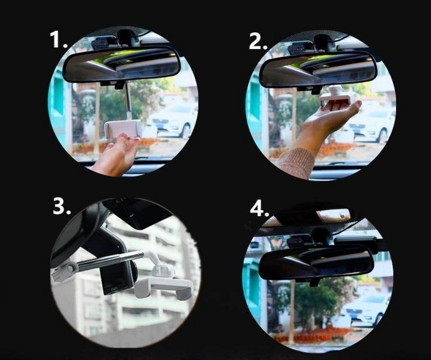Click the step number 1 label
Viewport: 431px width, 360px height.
coord(58,40)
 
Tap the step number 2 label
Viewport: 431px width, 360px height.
coord(258,41)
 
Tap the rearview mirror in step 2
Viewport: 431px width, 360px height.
coord(318,68)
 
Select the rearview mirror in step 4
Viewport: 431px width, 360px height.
coord(316,262)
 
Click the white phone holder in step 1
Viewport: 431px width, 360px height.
coord(123,129)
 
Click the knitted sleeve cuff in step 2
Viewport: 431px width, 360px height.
coord(296,162)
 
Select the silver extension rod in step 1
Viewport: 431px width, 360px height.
coord(127,102)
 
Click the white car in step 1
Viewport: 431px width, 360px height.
coord(172,120)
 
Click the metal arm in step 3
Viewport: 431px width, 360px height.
coord(108,260)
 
